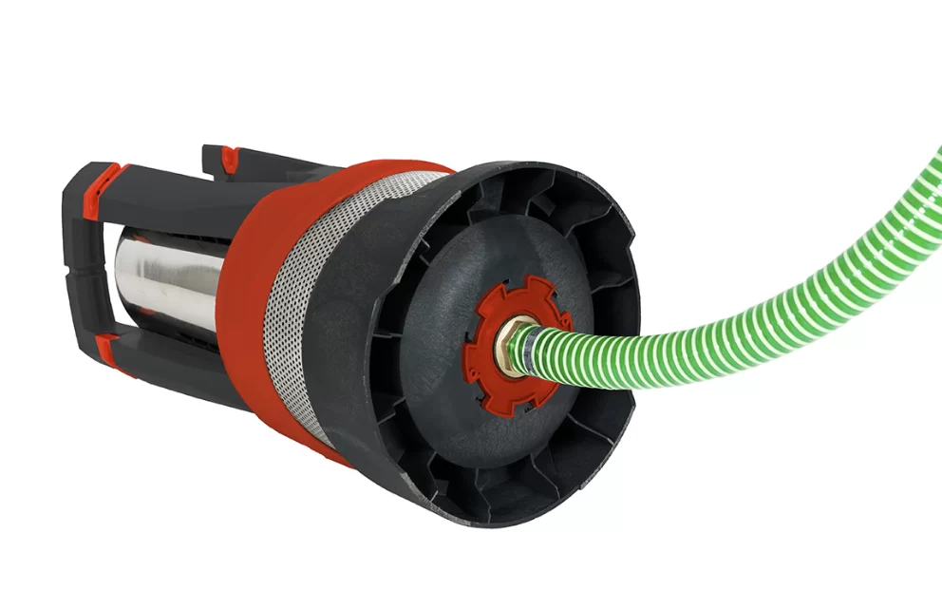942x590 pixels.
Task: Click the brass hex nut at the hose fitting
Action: point(511,343)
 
